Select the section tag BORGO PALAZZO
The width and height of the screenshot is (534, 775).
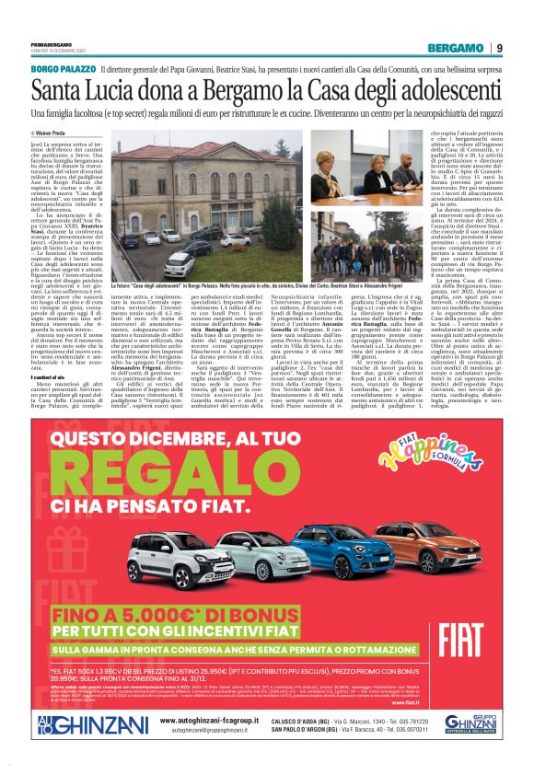pyautogui.click(x=63, y=69)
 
